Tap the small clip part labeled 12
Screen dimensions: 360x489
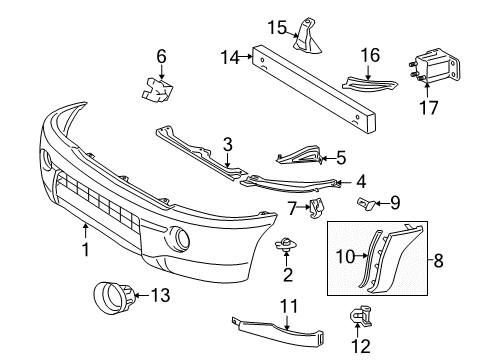click(x=358, y=318)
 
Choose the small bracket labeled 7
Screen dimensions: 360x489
click(x=317, y=207)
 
